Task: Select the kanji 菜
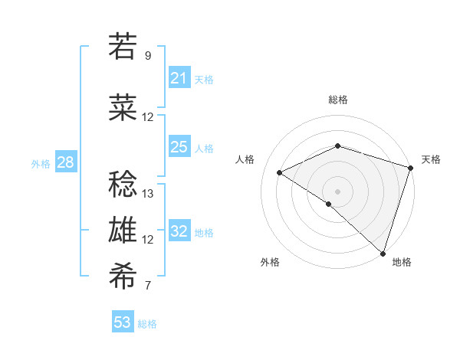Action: [x=123, y=108]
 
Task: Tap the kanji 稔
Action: [x=123, y=184]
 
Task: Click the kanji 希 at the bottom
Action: [x=123, y=277]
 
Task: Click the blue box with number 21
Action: [x=179, y=78]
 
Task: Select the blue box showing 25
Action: [x=179, y=147]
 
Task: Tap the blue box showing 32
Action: [x=179, y=231]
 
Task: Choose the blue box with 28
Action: [x=65, y=162]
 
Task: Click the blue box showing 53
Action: [x=123, y=322]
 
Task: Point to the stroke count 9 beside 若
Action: [x=148, y=55]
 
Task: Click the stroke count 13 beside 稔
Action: [x=148, y=193]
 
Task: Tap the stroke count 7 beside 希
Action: [x=148, y=286]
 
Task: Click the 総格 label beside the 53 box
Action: [x=147, y=324]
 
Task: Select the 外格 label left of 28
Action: [x=41, y=163]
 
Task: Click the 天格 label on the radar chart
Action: [x=431, y=159]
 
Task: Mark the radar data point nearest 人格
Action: [x=280, y=173]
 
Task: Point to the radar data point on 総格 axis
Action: [x=337, y=146]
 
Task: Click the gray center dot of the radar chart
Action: [x=337, y=190]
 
